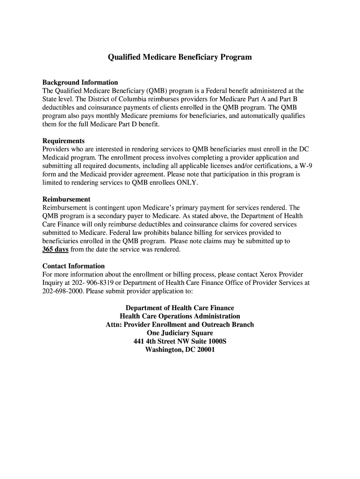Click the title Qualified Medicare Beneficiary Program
tap(180, 57)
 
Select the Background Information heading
tap(80, 82)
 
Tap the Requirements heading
tap(64, 141)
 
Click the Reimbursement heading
tap(66, 199)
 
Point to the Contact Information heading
tap(73, 266)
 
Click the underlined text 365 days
tap(56, 249)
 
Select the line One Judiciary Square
tap(180, 333)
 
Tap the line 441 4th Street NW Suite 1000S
tap(180, 341)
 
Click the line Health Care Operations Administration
tap(180, 316)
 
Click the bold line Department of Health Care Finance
tap(180, 308)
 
